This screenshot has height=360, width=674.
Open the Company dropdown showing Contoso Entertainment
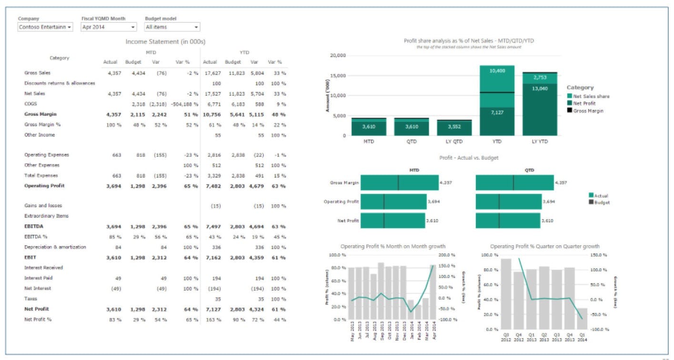point(45,27)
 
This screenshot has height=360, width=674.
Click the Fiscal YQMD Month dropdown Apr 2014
point(109,27)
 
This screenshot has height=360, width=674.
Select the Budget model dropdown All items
point(172,27)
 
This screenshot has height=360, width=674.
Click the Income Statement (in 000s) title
point(165,42)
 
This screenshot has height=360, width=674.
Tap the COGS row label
point(30,104)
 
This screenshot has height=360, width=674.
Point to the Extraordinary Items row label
point(46,216)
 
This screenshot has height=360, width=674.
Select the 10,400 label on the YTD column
point(497,70)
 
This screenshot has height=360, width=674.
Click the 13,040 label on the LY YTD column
point(540,89)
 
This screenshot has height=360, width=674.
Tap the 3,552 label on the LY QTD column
point(454,127)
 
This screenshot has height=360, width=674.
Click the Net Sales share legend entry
point(591,96)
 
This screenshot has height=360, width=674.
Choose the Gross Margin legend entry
point(588,110)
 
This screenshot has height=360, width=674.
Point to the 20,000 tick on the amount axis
point(338,56)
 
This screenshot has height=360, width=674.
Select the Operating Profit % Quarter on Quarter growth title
point(544,246)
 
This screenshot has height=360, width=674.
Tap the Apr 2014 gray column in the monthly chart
point(433,292)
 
